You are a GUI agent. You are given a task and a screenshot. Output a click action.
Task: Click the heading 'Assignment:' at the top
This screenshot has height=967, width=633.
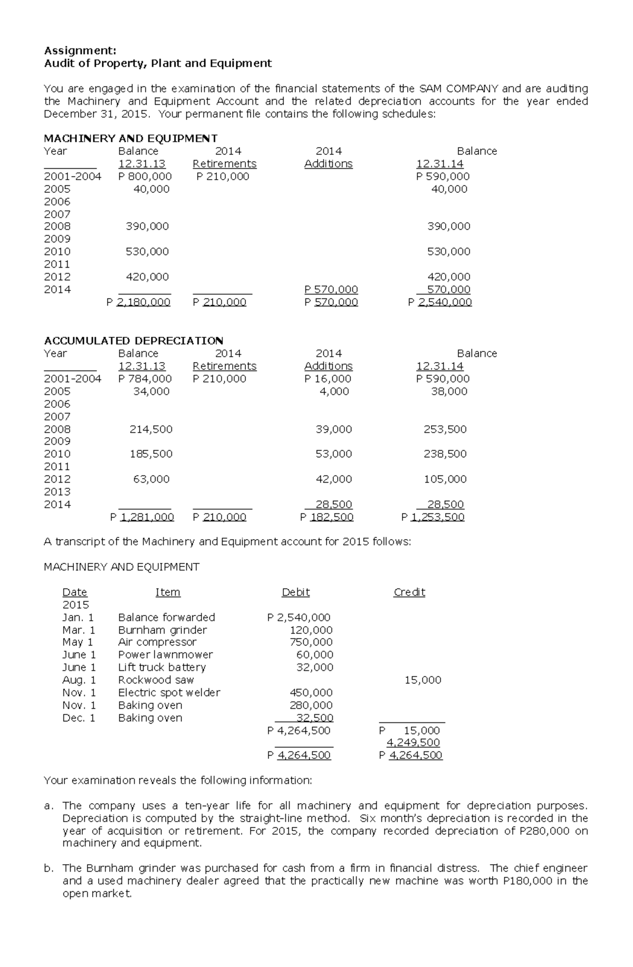point(80,51)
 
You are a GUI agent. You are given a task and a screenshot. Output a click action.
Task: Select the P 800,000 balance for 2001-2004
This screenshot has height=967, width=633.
point(145,177)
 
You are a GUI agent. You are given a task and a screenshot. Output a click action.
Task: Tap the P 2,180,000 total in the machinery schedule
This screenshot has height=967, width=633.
point(138,302)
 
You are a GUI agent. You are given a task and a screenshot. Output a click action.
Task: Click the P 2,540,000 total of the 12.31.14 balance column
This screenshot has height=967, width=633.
point(440,302)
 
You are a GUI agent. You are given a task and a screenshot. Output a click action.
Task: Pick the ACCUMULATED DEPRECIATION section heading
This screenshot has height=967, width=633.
point(133,340)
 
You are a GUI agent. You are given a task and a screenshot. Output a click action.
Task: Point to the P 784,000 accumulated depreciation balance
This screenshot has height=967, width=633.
point(145,379)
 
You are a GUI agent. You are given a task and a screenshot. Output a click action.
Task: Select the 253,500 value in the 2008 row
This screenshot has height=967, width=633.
point(445,429)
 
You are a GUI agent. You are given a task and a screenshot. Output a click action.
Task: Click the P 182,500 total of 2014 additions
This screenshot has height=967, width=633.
point(327,517)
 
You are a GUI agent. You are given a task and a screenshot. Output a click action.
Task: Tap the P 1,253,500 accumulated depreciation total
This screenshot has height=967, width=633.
point(433,517)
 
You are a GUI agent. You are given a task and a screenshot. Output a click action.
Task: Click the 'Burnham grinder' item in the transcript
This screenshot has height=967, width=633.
point(162,630)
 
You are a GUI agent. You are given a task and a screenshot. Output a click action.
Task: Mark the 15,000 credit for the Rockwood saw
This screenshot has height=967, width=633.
point(423,680)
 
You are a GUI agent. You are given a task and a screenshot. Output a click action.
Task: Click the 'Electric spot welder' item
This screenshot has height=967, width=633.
point(169,692)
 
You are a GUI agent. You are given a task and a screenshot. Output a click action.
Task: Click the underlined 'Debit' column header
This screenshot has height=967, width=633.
point(295,592)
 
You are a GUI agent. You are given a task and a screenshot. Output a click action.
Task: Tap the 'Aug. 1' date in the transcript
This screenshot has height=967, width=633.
point(79,680)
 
